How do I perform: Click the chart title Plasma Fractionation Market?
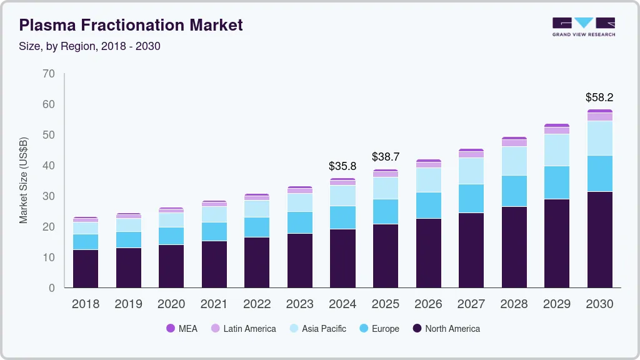click(x=131, y=25)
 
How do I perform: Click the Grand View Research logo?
click(x=583, y=26)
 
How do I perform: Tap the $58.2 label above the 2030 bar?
click(x=599, y=97)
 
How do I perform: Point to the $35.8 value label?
click(x=342, y=166)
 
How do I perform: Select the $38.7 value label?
click(x=385, y=157)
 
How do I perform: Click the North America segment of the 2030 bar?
click(x=599, y=239)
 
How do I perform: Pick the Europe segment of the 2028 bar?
click(x=514, y=191)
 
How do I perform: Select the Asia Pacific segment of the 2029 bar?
click(x=557, y=150)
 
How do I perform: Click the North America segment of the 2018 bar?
click(x=86, y=269)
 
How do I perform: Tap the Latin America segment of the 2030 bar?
click(x=599, y=117)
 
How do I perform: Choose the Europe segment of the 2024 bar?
click(x=342, y=217)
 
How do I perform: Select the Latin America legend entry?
click(x=243, y=328)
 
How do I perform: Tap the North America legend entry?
click(x=446, y=328)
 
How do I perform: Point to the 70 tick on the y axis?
click(x=49, y=74)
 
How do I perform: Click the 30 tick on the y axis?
click(x=49, y=196)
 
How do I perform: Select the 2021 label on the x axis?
click(x=214, y=304)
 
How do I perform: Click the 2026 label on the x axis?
click(x=428, y=304)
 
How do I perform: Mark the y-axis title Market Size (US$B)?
click(x=24, y=180)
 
